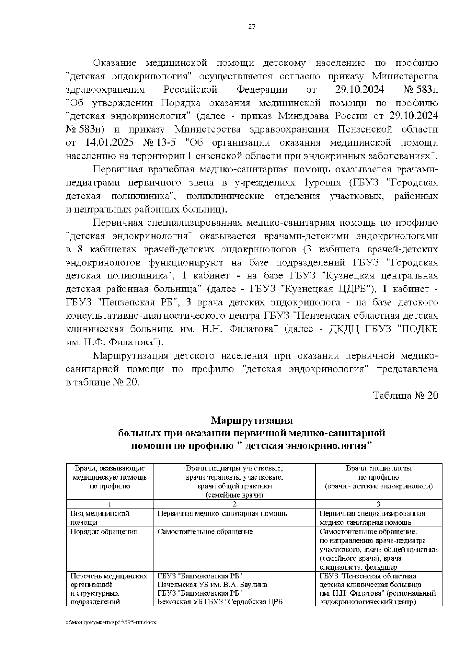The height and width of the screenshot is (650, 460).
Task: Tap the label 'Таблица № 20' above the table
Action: click(x=406, y=396)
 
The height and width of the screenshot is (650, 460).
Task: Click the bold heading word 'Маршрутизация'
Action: click(x=252, y=421)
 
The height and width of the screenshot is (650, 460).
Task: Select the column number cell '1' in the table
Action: click(x=110, y=504)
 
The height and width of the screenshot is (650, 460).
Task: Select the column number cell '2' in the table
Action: click(x=234, y=504)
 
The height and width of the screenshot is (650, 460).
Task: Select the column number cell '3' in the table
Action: click(x=379, y=504)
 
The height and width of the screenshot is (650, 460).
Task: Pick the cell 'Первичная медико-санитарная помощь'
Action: click(x=222, y=514)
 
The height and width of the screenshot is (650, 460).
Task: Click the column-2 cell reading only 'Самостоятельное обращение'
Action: click(x=205, y=532)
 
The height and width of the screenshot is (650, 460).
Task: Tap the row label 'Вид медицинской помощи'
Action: click(x=100, y=518)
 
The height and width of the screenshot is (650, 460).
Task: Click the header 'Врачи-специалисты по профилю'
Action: click(x=379, y=473)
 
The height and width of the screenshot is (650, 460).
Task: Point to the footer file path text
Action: click(x=111, y=622)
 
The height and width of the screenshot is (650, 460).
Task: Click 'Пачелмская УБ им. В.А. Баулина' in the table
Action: click(x=212, y=585)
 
